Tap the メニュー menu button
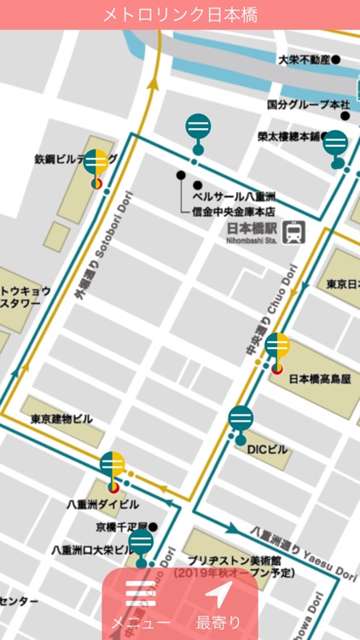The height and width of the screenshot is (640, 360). [x=141, y=606]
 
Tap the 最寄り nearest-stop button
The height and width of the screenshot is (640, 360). [x=218, y=606]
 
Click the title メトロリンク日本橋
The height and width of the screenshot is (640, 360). [x=180, y=15]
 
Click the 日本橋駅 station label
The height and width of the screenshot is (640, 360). [x=253, y=229]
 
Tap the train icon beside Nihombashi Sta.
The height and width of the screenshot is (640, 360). [x=295, y=232]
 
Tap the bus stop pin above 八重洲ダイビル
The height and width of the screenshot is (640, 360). [x=113, y=466]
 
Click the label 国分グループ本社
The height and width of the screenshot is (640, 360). [x=308, y=104]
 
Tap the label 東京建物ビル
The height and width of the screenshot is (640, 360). [x=61, y=419]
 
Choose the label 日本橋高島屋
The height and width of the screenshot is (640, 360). [x=320, y=379]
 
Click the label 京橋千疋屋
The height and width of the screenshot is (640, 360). [x=122, y=527]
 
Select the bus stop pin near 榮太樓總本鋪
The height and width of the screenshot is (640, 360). [x=336, y=145]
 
